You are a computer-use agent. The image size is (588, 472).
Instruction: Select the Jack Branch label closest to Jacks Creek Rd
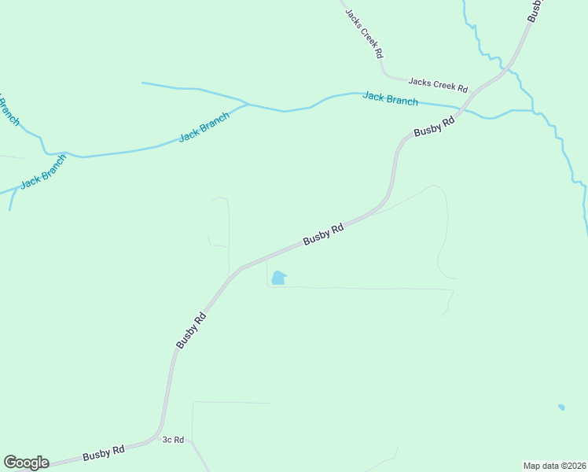390,99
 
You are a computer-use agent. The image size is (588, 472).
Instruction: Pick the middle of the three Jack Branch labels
204,127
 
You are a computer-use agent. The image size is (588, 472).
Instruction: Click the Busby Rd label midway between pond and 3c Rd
191,331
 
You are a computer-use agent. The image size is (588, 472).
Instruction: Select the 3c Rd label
173,440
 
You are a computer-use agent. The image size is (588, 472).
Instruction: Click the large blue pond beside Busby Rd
278,278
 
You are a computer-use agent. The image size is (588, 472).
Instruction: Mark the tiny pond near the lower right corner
561,407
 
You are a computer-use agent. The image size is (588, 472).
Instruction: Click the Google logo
26,463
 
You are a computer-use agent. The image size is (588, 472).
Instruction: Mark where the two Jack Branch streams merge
248,104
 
